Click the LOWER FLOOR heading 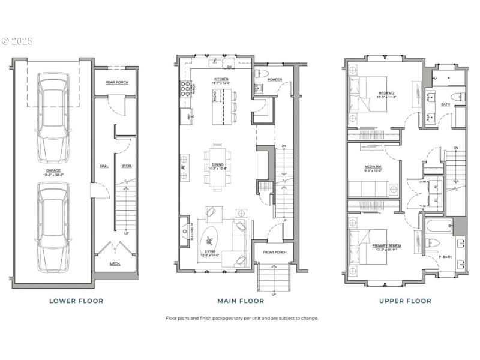click(x=76, y=301)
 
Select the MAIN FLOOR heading click(x=243, y=301)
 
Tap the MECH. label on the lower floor click(x=115, y=264)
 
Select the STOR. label click(x=126, y=166)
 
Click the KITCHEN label click(x=222, y=79)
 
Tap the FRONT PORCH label click(x=274, y=252)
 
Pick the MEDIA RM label click(x=373, y=167)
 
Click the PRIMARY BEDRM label click(x=387, y=246)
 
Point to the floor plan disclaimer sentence click(x=242, y=319)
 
